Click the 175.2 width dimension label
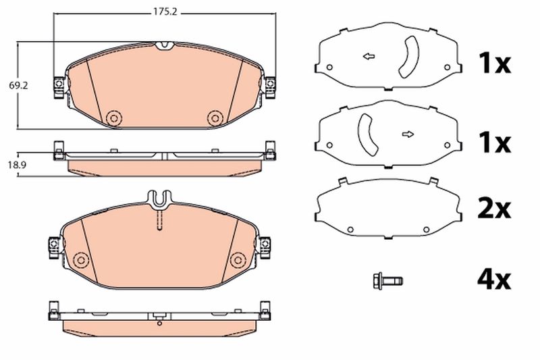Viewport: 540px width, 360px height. pyautogui.click(x=165, y=12)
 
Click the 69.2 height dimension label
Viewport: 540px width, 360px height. pyautogui.click(x=18, y=86)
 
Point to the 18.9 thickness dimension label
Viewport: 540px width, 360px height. pyautogui.click(x=18, y=165)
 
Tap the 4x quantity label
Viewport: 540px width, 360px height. pyautogui.click(x=494, y=280)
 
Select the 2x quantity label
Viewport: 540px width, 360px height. pyautogui.click(x=494, y=209)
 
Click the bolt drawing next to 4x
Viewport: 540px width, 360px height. pyautogui.click(x=387, y=280)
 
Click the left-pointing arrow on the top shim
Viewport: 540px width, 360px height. pyautogui.click(x=369, y=56)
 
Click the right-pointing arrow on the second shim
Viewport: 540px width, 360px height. pyautogui.click(x=408, y=134)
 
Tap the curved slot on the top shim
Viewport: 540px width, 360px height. pyautogui.click(x=408, y=57)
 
